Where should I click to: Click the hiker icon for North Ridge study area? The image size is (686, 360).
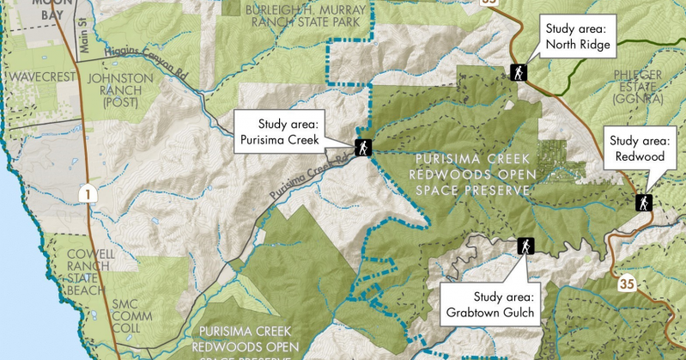coord(518,72)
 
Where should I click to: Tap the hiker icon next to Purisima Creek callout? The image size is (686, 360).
coord(362,147)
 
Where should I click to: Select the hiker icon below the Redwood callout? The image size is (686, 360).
coord(641,203)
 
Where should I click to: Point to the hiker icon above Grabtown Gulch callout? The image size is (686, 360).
coord(525,247)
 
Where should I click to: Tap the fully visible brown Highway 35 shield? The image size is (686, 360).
coord(626,281)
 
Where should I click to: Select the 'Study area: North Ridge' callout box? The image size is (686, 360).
coord(577,37)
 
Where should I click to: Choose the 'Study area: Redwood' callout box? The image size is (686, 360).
coord(644,149)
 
